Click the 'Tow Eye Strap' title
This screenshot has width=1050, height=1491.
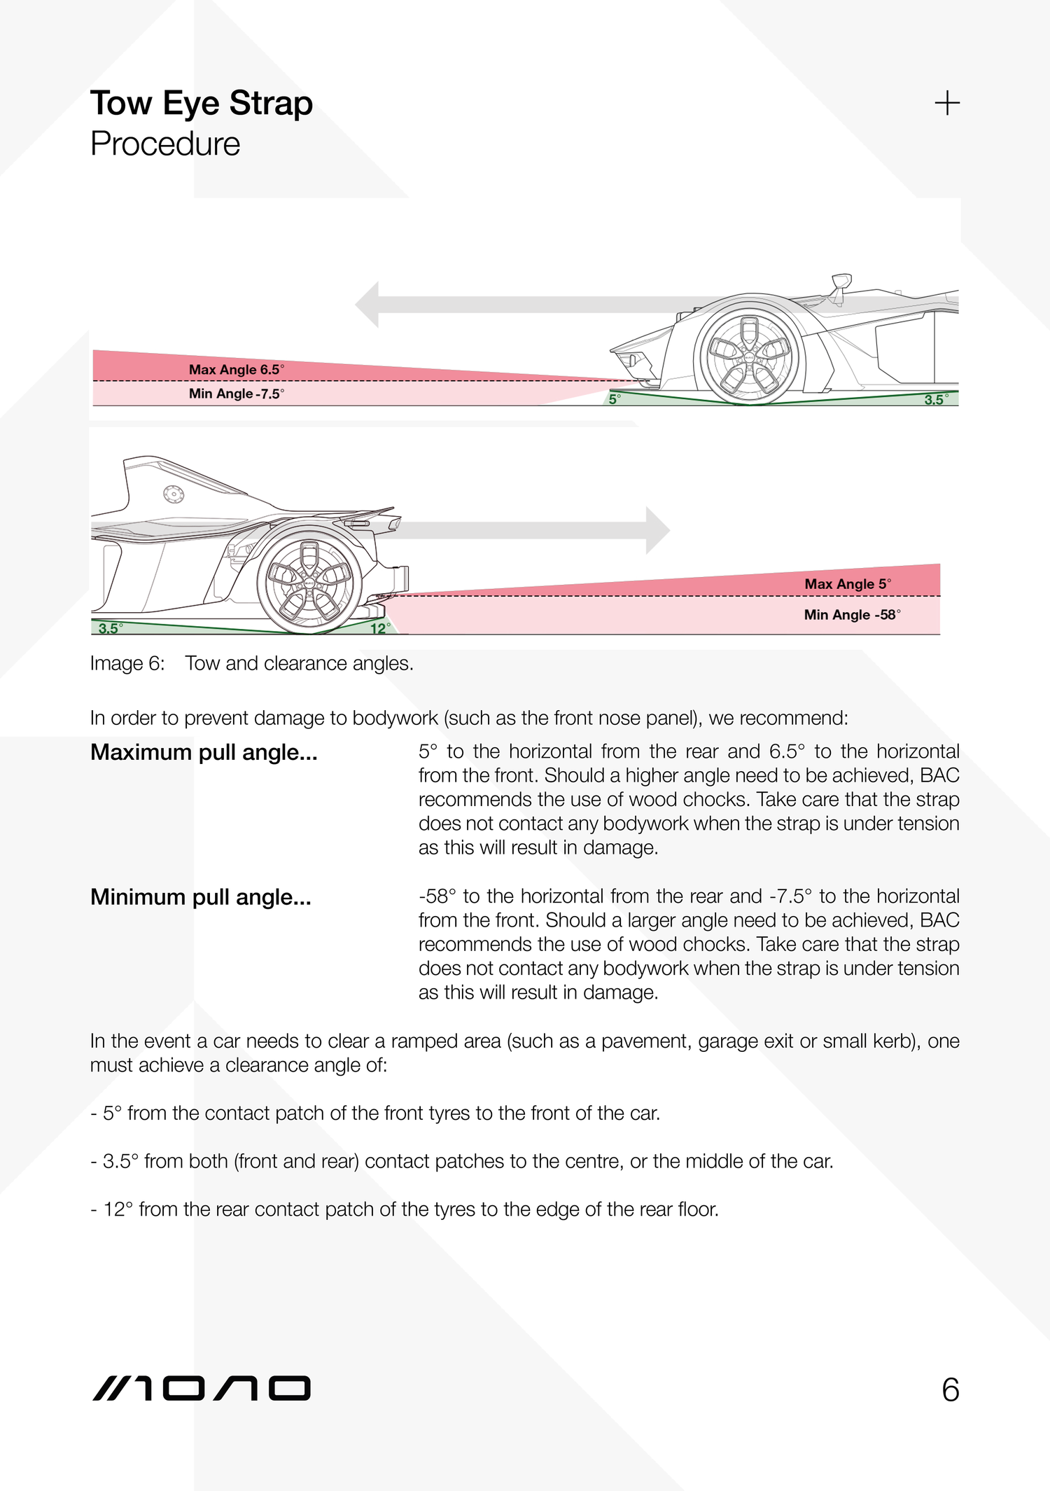[x=201, y=104]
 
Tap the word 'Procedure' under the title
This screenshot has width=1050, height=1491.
[x=165, y=144]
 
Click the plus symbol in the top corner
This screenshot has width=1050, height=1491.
[x=946, y=103]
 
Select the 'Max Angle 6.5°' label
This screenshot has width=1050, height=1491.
[x=236, y=369]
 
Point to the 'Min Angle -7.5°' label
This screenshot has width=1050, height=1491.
[x=236, y=394]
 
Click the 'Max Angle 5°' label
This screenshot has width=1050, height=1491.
[x=847, y=583]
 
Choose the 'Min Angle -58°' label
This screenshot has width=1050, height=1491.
[x=851, y=614]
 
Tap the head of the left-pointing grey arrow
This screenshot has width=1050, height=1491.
[x=368, y=305]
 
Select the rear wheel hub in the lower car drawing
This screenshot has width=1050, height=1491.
[x=309, y=582]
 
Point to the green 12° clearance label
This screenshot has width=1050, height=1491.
[x=379, y=628]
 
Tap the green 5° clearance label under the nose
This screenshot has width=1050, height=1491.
[x=614, y=399]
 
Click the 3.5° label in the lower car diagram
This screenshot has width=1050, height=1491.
[x=110, y=628]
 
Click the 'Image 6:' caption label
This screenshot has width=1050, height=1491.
[x=127, y=663]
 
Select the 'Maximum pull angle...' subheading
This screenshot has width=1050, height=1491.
[x=204, y=752]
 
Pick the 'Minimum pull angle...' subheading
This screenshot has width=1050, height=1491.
[x=200, y=897]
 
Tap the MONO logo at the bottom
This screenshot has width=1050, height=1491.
[x=201, y=1389]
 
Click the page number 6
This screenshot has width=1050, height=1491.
[x=950, y=1390]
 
